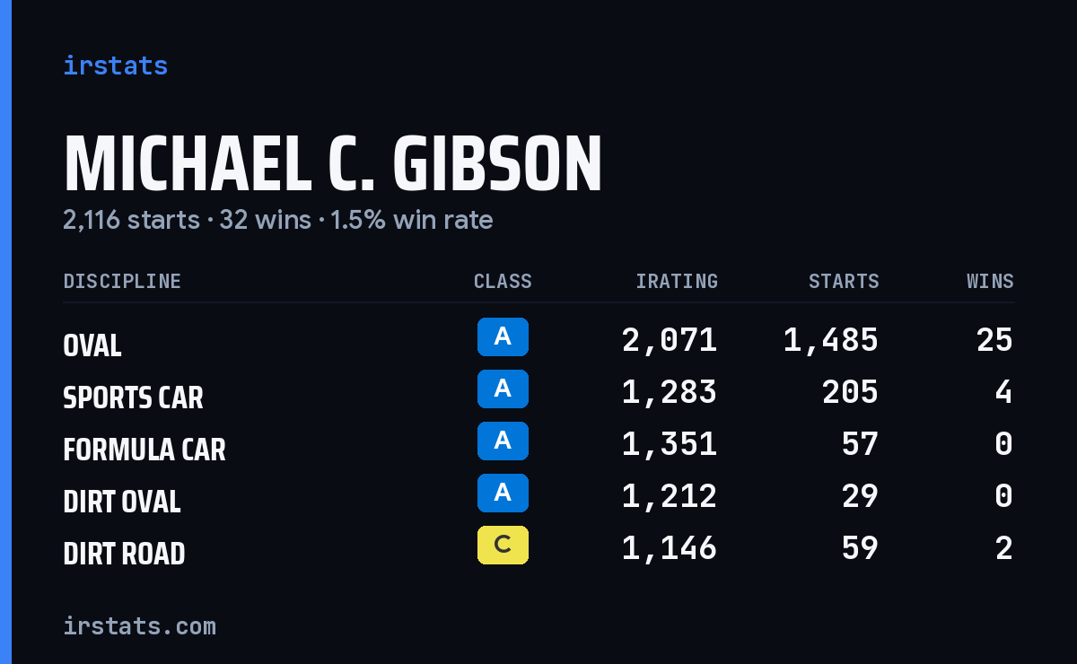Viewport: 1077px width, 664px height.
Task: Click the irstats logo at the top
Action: [x=116, y=66]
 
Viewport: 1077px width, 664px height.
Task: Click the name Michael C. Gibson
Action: [x=333, y=163]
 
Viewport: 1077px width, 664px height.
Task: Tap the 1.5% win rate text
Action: [x=412, y=220]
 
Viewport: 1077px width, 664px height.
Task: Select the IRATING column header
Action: [x=677, y=281]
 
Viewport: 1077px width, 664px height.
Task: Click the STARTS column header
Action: [x=844, y=281]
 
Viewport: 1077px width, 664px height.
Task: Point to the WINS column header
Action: [x=991, y=281]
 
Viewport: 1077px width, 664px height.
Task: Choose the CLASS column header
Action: [x=503, y=281]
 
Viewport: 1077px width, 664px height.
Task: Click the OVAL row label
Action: [x=92, y=345]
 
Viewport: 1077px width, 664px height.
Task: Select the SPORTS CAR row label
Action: [x=133, y=398]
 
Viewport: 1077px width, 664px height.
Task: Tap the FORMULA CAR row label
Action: [x=144, y=450]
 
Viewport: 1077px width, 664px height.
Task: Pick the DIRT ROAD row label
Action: [x=124, y=554]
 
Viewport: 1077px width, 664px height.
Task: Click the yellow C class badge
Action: [x=503, y=545]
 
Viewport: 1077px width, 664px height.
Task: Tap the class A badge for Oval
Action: [x=503, y=336]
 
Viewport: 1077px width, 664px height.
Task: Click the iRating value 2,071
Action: [x=670, y=340]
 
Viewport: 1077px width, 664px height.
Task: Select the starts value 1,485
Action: [x=831, y=340]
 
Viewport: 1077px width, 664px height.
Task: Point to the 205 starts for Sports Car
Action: [x=850, y=392]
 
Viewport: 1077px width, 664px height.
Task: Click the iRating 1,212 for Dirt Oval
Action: [x=670, y=496]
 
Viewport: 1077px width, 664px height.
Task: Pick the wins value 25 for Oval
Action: [x=994, y=340]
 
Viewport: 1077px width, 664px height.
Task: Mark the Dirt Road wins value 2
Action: [x=1004, y=548]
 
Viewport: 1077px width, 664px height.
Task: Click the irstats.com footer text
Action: [x=139, y=626]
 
